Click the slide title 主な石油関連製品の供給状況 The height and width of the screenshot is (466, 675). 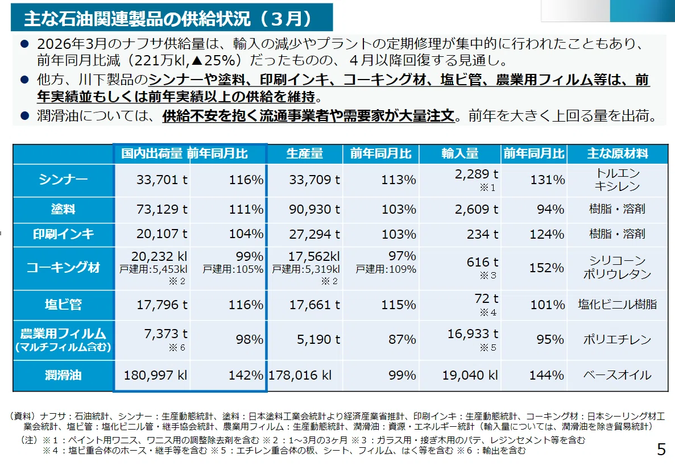point(138,18)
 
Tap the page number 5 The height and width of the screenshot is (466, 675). point(661,449)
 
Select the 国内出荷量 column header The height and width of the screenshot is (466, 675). point(151,153)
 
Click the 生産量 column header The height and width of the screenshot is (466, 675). point(304,153)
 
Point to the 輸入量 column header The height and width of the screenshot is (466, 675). point(459,153)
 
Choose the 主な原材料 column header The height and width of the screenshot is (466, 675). point(618,153)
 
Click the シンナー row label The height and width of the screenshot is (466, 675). point(63,180)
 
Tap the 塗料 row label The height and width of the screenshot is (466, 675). point(63,209)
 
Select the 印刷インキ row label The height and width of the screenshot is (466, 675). point(63,234)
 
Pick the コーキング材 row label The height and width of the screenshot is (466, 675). point(63,268)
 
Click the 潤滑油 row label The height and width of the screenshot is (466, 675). point(63,375)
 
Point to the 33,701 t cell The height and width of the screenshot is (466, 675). point(162,180)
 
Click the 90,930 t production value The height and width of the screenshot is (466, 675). point(314,210)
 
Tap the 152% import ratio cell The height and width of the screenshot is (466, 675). point(546,268)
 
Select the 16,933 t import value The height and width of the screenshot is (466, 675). point(473,334)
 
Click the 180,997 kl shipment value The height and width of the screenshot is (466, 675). point(155,376)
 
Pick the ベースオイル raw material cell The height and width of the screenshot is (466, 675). point(618,375)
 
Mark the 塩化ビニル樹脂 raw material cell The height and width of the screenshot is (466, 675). point(618,305)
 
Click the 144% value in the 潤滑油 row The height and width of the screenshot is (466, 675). point(546,376)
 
